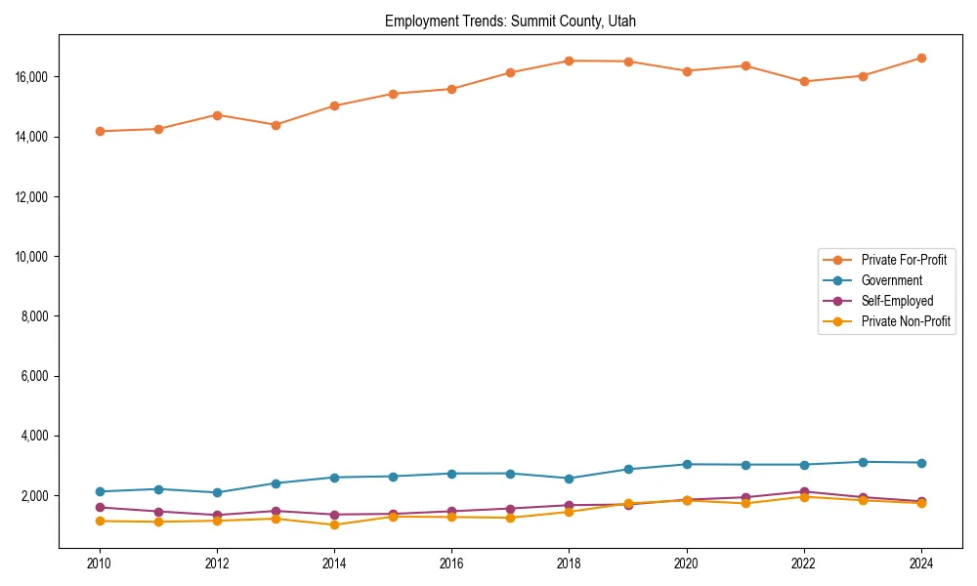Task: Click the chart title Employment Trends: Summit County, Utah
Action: point(510,21)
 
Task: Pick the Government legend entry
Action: point(891,280)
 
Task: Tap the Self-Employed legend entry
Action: point(897,301)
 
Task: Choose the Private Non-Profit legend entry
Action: point(906,321)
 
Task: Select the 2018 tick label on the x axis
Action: point(569,564)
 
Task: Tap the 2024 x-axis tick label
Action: point(921,564)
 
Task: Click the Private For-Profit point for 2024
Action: point(921,58)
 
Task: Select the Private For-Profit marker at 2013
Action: point(276,125)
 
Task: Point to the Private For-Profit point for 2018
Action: point(569,61)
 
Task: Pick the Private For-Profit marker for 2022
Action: point(804,81)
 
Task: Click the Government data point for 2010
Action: point(100,491)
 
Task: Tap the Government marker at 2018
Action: point(569,479)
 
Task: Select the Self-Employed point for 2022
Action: point(804,491)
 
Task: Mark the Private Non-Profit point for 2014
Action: point(334,524)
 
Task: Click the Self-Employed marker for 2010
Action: point(100,507)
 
